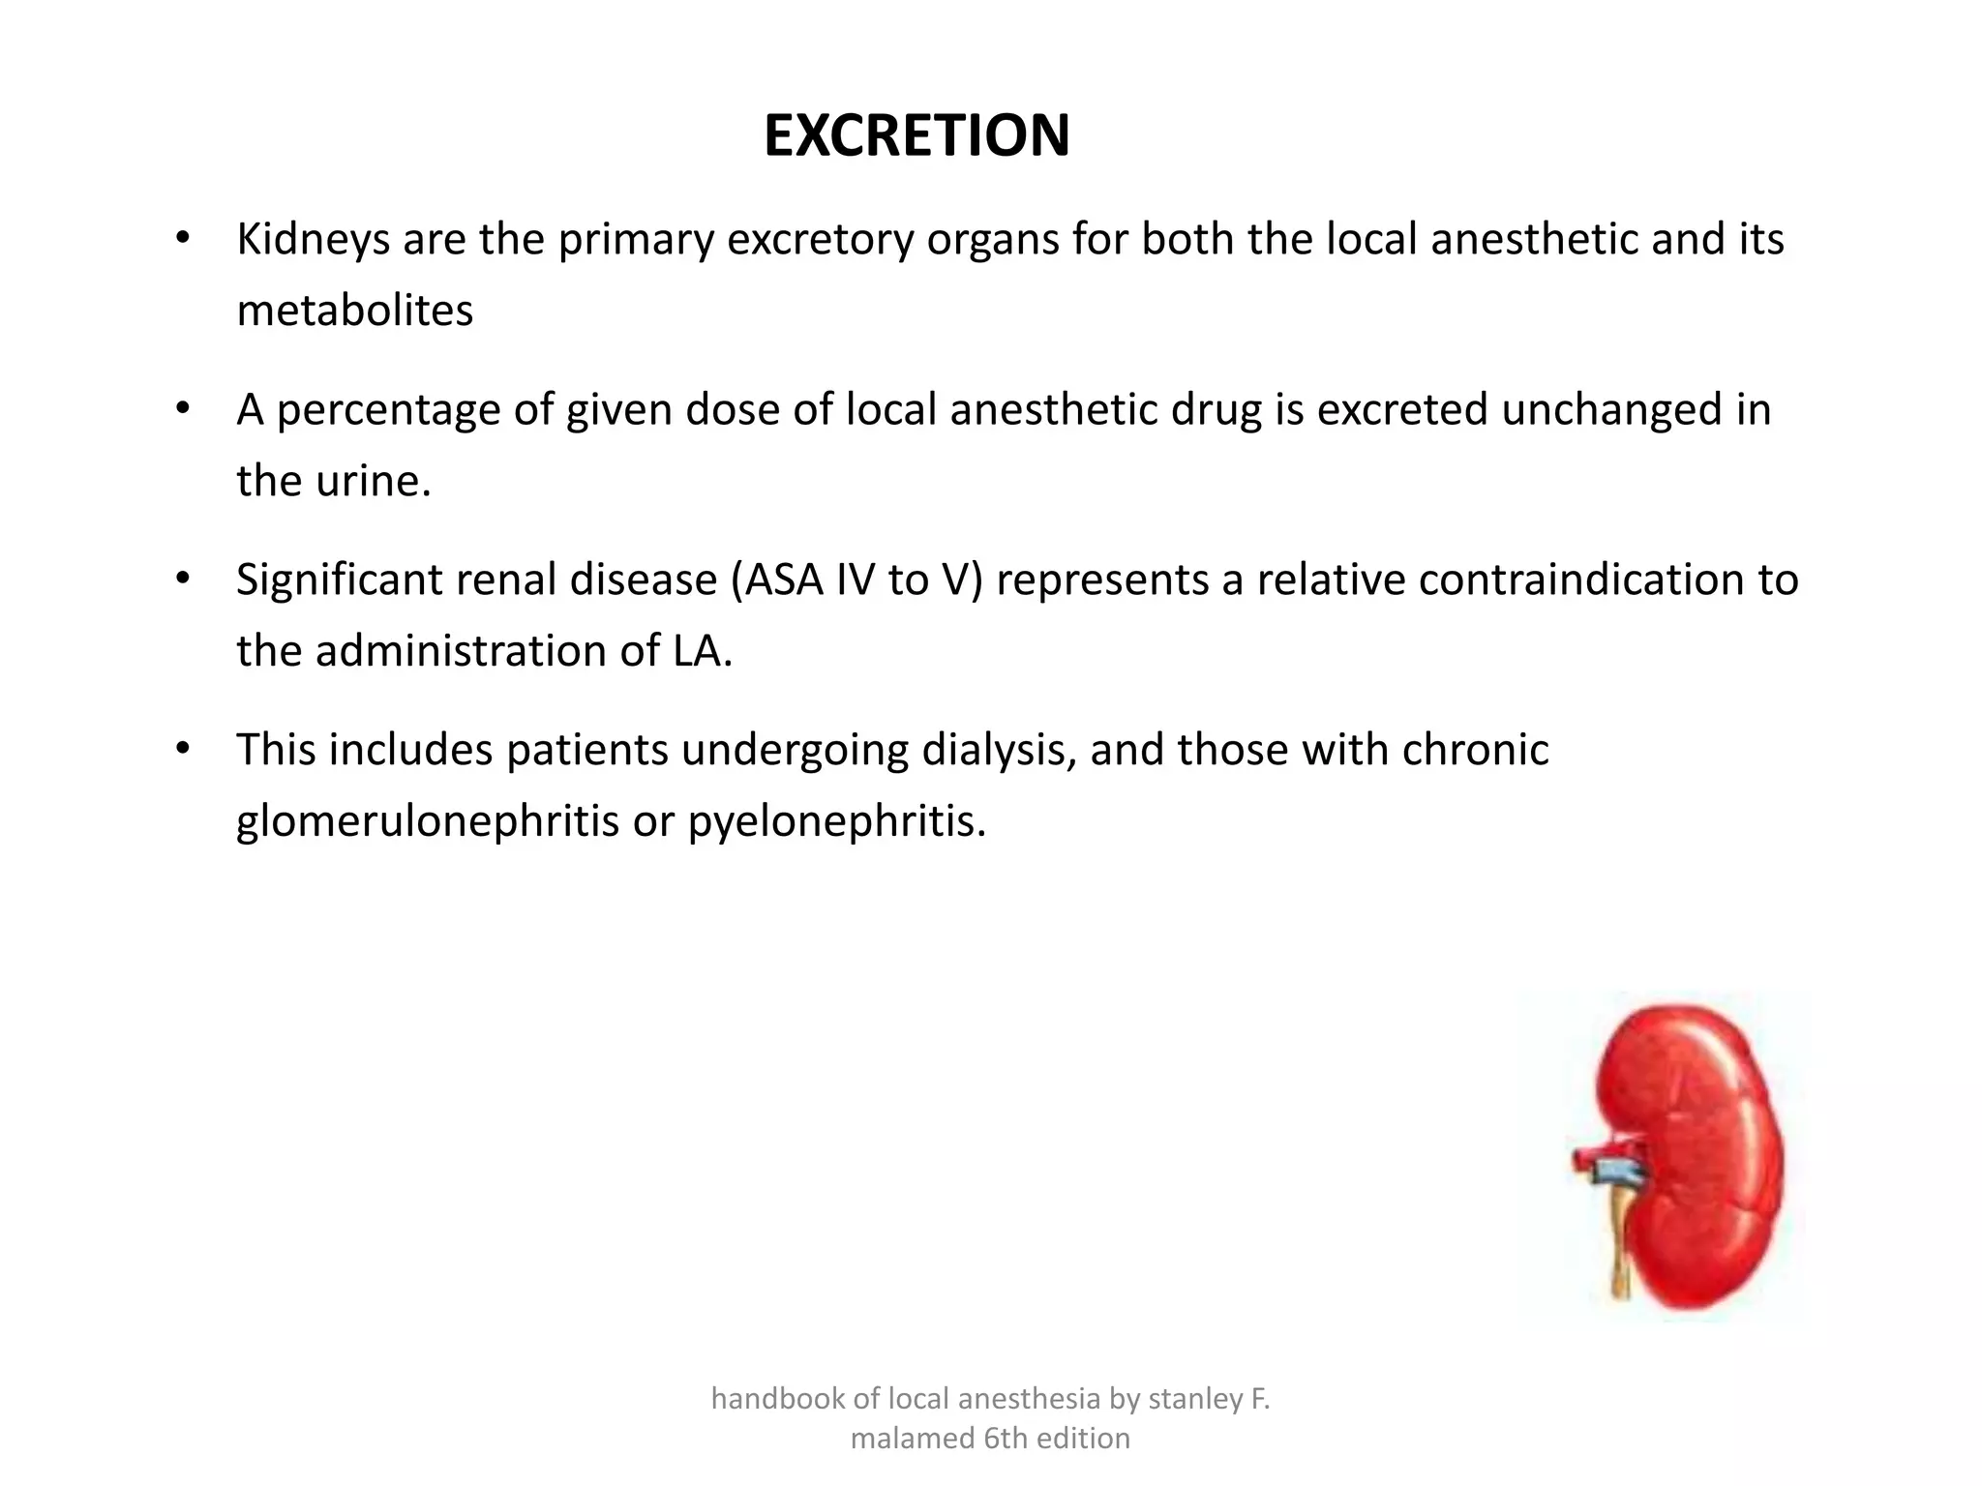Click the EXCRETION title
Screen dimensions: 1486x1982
tap(916, 135)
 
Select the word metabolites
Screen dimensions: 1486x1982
tap(354, 312)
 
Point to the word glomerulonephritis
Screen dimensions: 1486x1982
tap(427, 821)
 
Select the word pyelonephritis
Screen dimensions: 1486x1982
tap(835, 821)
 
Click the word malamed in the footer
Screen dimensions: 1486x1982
tap(911, 1439)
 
